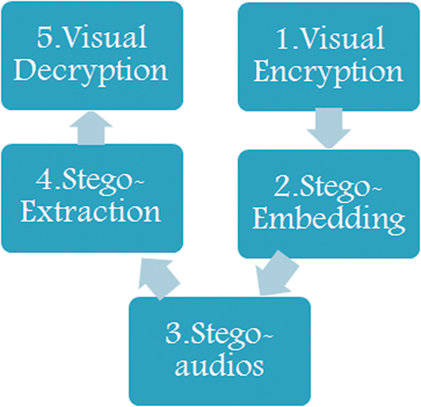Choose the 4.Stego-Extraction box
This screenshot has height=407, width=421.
tap(92, 198)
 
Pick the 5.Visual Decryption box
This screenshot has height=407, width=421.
tap(92, 56)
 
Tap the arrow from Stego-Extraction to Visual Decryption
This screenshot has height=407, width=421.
tap(92, 128)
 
